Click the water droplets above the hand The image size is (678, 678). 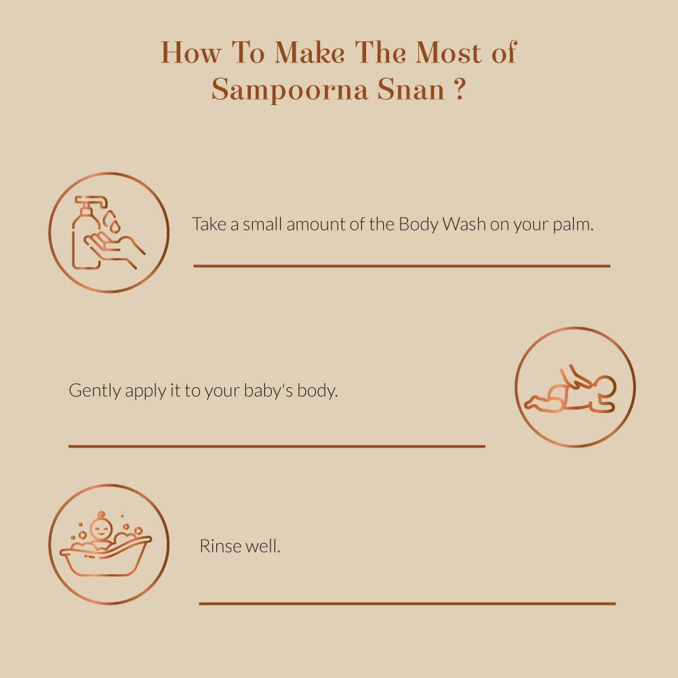tap(110, 220)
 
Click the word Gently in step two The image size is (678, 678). tap(96, 391)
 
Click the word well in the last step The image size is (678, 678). tap(264, 546)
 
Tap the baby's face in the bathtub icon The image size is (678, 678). tap(101, 528)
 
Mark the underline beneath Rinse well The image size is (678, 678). tap(407, 603)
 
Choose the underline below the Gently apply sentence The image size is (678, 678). tap(277, 446)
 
